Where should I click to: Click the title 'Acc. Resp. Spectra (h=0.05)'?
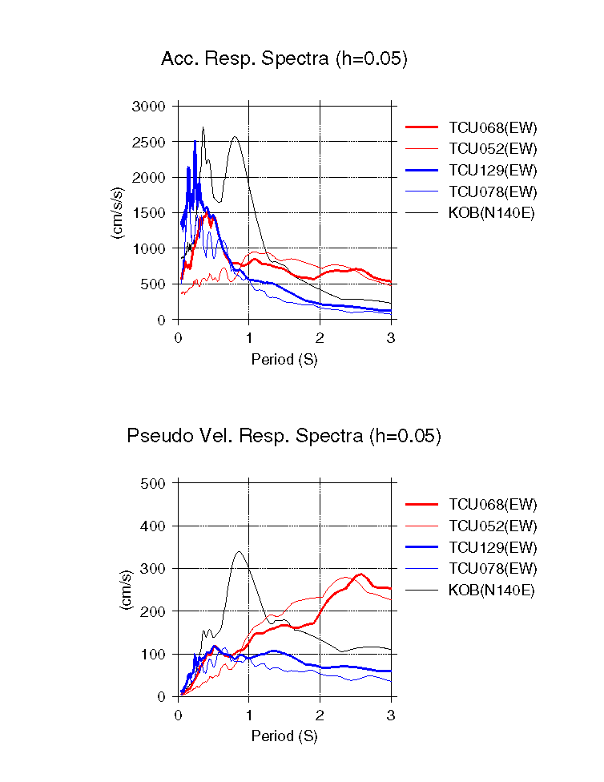(x=284, y=58)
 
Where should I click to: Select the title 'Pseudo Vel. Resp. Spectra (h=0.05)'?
(x=284, y=436)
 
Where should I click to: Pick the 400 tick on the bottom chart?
(x=154, y=526)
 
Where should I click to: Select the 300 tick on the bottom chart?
(x=154, y=569)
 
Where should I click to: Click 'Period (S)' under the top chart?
(x=284, y=360)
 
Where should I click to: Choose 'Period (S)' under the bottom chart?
(x=284, y=736)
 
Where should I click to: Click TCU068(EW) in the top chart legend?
(x=493, y=127)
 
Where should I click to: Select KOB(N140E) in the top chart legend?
(x=491, y=213)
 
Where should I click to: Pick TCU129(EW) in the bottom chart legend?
(x=493, y=547)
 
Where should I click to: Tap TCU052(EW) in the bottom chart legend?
(x=493, y=526)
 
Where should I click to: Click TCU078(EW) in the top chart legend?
(x=493, y=191)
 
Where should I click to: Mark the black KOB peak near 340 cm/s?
(x=239, y=551)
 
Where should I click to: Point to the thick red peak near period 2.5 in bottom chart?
(x=360, y=574)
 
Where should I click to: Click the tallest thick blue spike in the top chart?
(x=195, y=142)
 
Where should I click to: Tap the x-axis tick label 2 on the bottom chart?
(x=320, y=715)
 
